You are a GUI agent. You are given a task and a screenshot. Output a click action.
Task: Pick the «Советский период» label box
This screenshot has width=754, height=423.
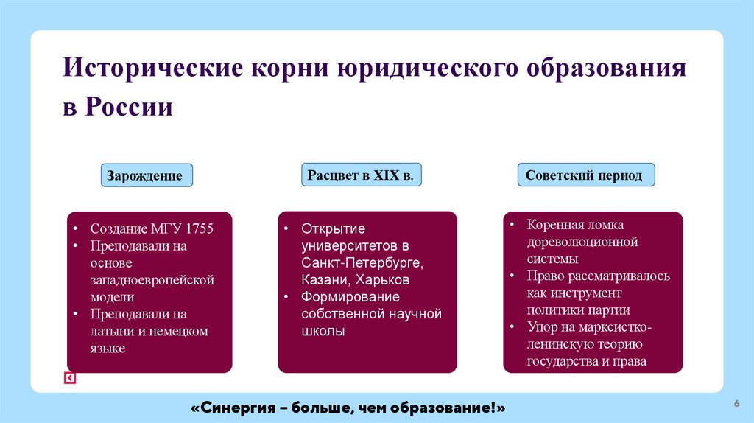[584, 176]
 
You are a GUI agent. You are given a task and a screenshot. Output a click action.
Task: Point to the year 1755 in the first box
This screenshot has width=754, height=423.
[200, 229]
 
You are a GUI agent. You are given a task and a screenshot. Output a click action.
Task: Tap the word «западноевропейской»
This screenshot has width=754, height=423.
[152, 280]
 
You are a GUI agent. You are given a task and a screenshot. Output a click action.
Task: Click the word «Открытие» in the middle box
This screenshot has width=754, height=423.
[333, 229]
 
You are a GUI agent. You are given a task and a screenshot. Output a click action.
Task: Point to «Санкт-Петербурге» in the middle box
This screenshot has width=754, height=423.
[361, 263]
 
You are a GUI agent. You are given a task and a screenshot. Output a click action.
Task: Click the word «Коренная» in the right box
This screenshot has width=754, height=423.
[554, 225]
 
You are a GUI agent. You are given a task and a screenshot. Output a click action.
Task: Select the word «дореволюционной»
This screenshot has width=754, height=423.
[582, 242]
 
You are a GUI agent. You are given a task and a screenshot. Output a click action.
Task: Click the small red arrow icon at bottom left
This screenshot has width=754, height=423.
[70, 378]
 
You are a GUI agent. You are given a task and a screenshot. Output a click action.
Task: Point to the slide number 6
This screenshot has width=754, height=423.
[736, 403]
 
